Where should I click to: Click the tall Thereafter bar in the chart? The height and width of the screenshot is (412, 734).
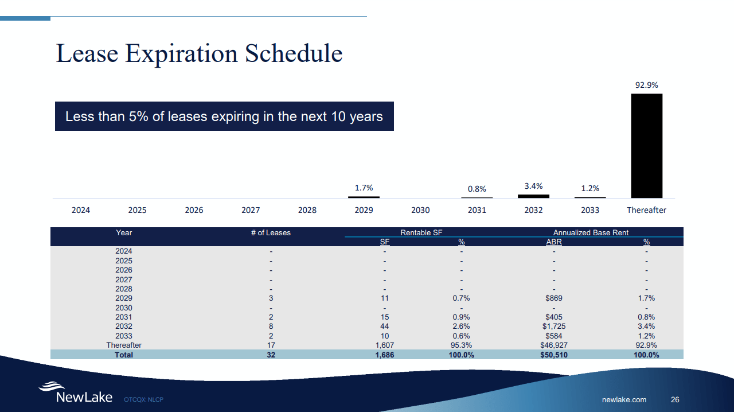(x=646, y=146)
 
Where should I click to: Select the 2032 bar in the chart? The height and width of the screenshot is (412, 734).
(x=533, y=196)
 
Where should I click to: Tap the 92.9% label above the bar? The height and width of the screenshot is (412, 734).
(x=646, y=85)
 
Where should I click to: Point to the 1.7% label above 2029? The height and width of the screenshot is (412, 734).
(x=364, y=188)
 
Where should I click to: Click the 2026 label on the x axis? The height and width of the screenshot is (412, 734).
(x=194, y=210)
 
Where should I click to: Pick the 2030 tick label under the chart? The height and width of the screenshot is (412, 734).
(x=420, y=210)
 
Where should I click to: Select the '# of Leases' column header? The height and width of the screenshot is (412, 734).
(x=271, y=232)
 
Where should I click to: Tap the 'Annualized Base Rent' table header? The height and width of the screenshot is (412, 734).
(x=591, y=232)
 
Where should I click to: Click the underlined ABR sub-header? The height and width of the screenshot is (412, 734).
(x=553, y=242)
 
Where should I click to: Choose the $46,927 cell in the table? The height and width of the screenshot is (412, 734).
(x=554, y=345)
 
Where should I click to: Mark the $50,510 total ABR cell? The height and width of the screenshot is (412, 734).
(x=554, y=355)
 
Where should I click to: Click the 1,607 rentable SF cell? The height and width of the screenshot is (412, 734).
(x=384, y=345)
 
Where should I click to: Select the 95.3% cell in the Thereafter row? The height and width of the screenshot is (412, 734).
(x=461, y=345)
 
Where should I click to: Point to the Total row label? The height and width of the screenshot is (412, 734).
(x=124, y=355)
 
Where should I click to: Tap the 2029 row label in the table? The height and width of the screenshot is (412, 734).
(x=124, y=298)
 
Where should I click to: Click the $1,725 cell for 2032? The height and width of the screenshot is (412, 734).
(x=554, y=327)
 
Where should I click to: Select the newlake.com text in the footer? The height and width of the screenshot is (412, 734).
(x=624, y=399)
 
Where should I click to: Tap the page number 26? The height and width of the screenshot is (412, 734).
(x=675, y=399)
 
